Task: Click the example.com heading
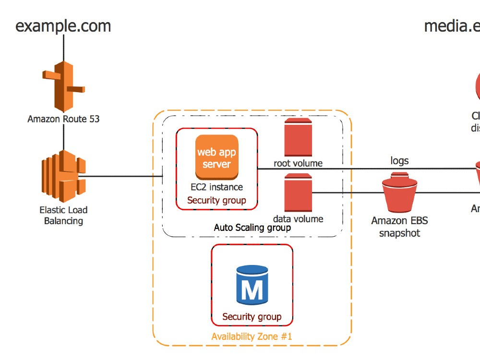63,25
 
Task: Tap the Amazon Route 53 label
63,119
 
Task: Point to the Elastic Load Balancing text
63,216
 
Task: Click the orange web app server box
216,158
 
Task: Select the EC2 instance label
216,187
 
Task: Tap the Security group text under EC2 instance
216,200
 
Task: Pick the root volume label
298,163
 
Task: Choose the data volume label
298,219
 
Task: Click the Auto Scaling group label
252,228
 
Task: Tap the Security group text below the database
252,317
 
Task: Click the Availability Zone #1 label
252,336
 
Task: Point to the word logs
399,161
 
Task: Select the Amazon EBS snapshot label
399,227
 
